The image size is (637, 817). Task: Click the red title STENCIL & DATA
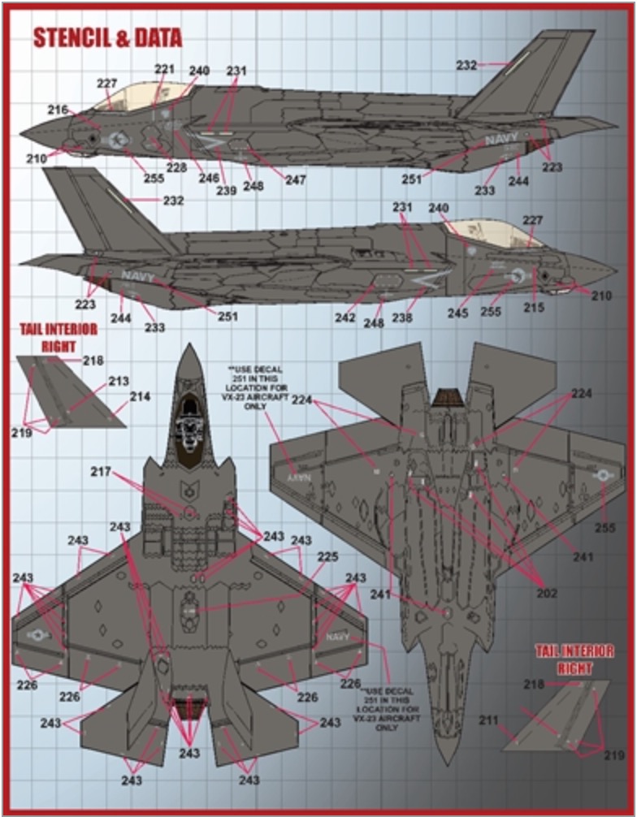107,38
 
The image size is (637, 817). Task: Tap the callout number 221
165,70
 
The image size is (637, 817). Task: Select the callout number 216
58,110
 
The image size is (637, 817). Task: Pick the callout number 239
227,191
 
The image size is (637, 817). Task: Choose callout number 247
295,180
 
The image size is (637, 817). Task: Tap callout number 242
345,318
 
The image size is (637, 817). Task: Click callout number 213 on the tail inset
119,380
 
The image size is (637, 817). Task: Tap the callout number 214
141,398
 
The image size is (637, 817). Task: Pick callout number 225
327,557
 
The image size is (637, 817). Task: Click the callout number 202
547,593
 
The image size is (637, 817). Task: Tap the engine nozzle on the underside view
446,398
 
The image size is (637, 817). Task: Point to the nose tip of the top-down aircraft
188,347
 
